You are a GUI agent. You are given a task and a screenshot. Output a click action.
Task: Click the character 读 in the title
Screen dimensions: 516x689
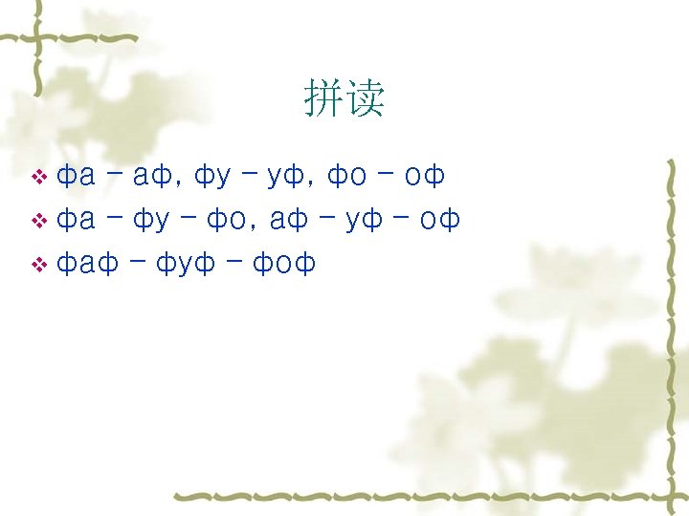[365, 98]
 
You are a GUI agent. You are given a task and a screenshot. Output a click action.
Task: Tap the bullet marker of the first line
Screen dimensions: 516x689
[39, 177]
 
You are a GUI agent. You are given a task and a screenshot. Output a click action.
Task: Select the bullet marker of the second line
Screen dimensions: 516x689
[39, 222]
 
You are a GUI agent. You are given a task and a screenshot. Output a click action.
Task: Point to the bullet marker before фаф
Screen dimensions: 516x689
[39, 265]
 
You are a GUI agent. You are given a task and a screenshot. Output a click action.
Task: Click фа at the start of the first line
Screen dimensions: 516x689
[76, 176]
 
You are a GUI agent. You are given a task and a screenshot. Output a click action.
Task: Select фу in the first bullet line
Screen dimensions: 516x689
[212, 176]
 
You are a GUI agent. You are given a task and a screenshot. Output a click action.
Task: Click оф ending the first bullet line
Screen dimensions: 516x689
[425, 176]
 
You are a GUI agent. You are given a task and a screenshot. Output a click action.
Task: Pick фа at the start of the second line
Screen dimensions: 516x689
[76, 220]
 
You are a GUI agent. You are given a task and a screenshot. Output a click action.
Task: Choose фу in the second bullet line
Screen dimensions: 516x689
[150, 220]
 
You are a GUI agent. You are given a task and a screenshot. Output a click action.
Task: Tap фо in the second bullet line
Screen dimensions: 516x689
[226, 220]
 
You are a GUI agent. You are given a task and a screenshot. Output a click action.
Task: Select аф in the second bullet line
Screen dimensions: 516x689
[289, 220]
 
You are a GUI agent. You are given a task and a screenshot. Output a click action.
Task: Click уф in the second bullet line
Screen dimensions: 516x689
[365, 220]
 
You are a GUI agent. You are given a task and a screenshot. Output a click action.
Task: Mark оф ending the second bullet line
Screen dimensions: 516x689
[440, 220]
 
